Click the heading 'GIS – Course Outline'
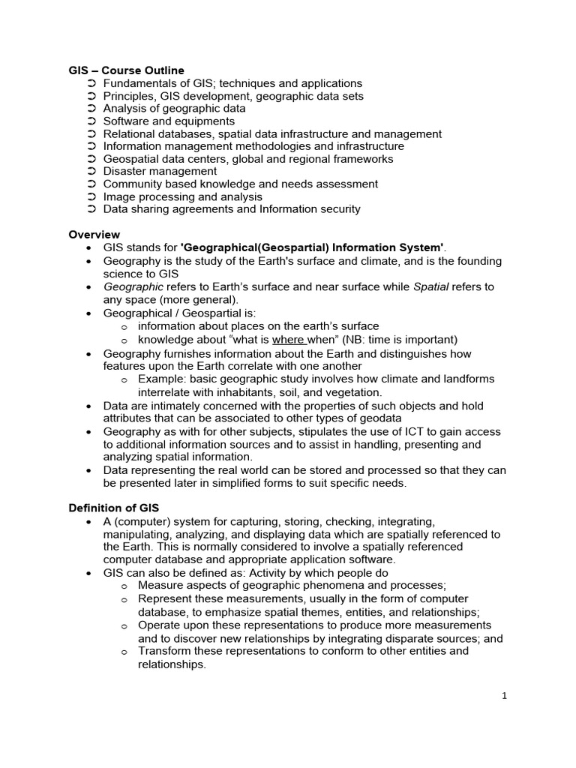(126, 70)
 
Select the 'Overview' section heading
(94, 235)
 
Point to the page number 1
(505, 695)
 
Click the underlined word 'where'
(289, 339)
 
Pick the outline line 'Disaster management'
(160, 171)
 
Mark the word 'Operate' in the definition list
(159, 625)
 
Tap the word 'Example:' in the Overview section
(160, 379)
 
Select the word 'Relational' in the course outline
(130, 133)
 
